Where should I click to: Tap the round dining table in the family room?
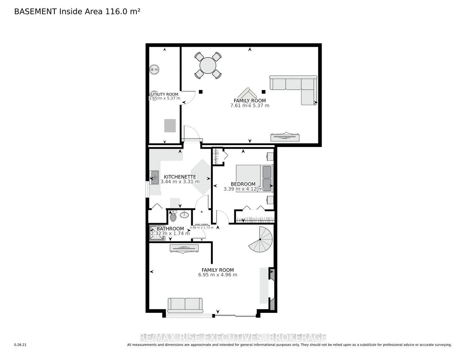208,66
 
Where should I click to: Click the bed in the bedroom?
254,178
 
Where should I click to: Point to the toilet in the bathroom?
173,217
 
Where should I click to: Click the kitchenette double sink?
155,177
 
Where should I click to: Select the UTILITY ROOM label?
165,94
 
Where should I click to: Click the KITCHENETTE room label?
180,177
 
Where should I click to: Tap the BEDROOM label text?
243,184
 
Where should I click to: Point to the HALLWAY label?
202,225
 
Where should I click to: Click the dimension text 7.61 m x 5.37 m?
250,106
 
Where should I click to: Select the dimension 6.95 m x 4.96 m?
218,275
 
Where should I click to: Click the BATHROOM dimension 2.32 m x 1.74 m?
170,233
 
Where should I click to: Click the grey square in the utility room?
170,125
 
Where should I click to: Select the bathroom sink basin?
184,215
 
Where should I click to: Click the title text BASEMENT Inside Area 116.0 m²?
77,12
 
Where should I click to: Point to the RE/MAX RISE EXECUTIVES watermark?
233,337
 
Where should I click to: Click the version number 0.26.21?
20,345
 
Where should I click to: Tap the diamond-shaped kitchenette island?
200,177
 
